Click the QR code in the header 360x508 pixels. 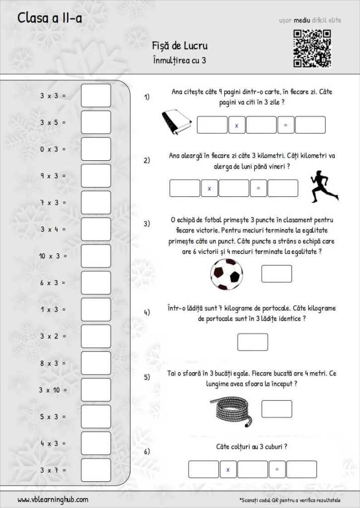(x=312, y=49)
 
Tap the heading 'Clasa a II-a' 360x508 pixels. (x=50, y=18)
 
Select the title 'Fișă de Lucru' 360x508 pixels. (x=180, y=46)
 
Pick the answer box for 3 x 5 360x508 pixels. (x=96, y=122)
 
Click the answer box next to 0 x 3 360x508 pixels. (x=96, y=149)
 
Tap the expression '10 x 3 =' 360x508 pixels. (x=53, y=256)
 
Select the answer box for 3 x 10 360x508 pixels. (x=96, y=390)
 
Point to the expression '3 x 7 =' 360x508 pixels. (x=53, y=470)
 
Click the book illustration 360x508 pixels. (x=177, y=122)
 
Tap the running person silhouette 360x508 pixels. (x=324, y=187)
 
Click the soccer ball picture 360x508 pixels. (x=226, y=274)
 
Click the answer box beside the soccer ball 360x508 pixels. (x=277, y=274)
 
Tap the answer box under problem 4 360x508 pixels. (x=252, y=342)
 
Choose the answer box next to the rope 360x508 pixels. (x=277, y=409)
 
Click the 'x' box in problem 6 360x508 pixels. (x=228, y=469)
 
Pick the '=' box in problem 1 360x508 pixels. (x=286, y=125)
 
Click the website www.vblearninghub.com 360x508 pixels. (x=53, y=500)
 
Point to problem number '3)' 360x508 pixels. (x=147, y=224)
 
